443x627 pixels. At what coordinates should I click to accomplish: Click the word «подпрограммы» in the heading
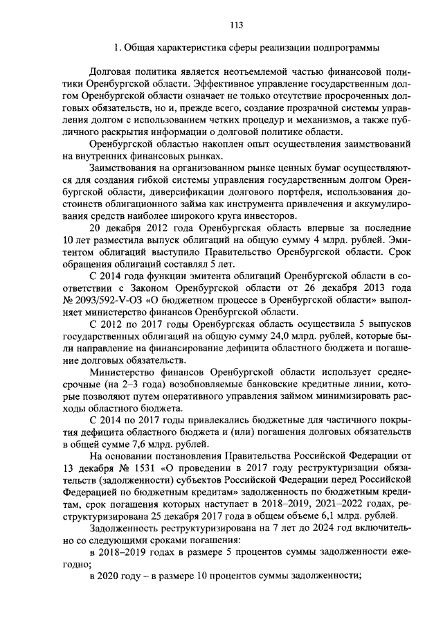pos(345,48)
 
